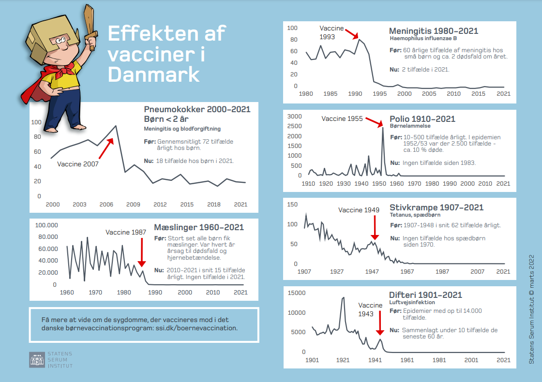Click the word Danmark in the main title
pyautogui.click(x=153, y=74)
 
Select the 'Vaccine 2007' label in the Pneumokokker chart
pyautogui.click(x=77, y=164)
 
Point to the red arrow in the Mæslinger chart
pyautogui.click(x=141, y=251)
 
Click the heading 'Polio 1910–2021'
pyautogui.click(x=422, y=119)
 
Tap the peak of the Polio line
pyautogui.click(x=383, y=128)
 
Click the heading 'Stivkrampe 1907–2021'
pyautogui.click(x=436, y=207)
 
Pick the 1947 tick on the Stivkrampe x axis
pyautogui.click(x=372, y=272)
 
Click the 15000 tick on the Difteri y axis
pyautogui.click(x=297, y=293)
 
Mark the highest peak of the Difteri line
pyautogui.click(x=343, y=297)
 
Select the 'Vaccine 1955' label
pyautogui.click(x=342, y=118)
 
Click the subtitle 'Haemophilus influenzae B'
pyautogui.click(x=423, y=38)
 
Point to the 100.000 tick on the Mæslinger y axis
pyautogui.click(x=47, y=225)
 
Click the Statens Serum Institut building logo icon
pyautogui.click(x=37, y=359)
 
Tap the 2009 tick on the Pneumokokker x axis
pyautogui.click(x=133, y=205)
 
